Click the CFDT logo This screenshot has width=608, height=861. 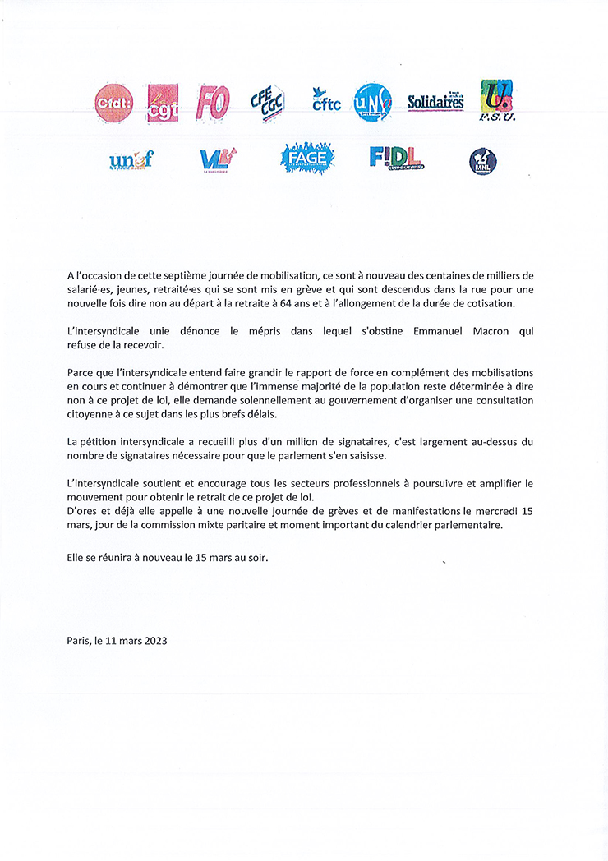point(113,103)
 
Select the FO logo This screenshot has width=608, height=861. point(212,103)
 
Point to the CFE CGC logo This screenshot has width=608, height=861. point(267,104)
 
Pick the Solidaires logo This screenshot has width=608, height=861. point(435,102)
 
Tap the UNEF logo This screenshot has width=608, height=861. point(131,160)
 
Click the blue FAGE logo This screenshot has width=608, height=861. point(307,158)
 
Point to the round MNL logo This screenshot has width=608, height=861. point(482,161)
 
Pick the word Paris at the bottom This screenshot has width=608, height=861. point(80,641)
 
